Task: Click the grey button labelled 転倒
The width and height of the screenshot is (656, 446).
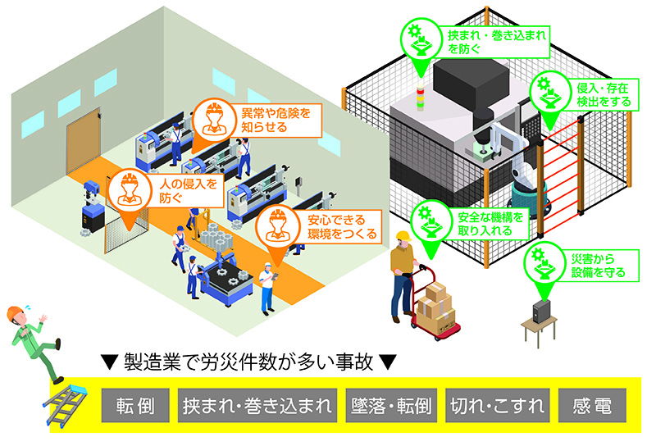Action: click(136, 406)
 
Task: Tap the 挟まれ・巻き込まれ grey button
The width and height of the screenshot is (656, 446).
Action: click(258, 406)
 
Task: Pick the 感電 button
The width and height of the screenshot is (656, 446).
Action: click(591, 406)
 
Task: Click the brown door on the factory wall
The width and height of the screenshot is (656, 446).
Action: click(82, 143)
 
